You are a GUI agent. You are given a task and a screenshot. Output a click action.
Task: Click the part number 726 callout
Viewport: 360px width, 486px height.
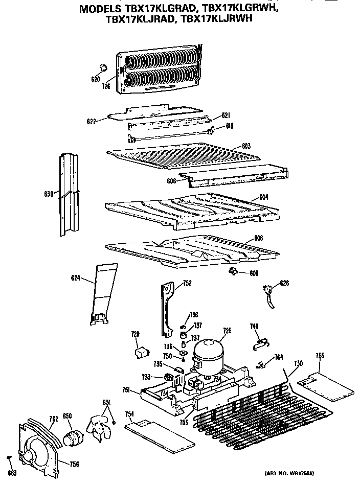[x=106, y=86]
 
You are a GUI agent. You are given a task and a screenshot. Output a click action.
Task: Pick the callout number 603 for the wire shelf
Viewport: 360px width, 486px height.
[x=246, y=146]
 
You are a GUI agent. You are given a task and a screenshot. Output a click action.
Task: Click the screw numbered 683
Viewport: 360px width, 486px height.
[x=9, y=456]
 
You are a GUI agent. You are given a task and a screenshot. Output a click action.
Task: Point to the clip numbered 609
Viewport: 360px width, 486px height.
[x=234, y=271]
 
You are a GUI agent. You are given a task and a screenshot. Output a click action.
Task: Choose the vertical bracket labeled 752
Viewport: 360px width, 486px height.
[x=166, y=309]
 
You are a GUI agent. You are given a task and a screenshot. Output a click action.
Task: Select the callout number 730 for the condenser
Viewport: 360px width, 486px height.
[x=298, y=363]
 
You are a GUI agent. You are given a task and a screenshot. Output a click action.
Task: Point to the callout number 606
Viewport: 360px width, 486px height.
[x=171, y=180]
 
